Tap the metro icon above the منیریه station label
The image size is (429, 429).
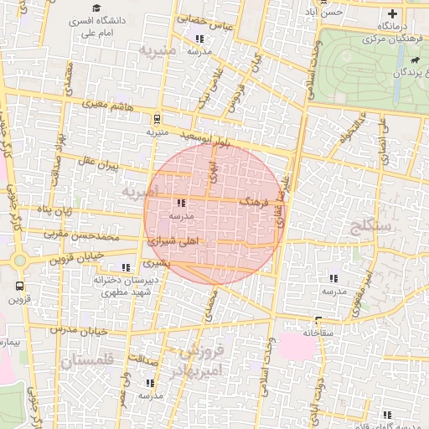pos(157,119)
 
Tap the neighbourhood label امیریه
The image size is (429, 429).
pos(138,192)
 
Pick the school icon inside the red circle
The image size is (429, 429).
pos(182,203)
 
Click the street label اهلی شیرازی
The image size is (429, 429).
pos(173,240)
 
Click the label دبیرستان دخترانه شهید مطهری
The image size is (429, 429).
pos(122,286)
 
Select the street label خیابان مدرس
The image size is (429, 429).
pos(80,331)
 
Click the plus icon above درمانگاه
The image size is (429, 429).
pos(392,13)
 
